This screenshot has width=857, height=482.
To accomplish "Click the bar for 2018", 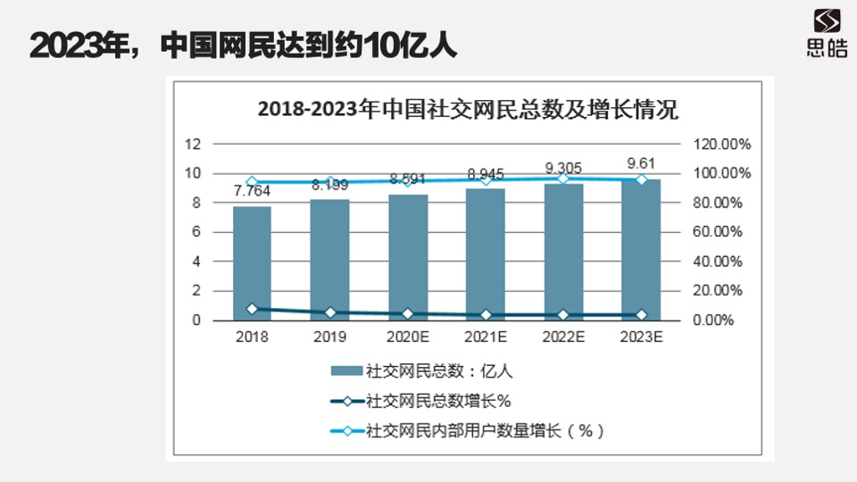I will tap(252, 263).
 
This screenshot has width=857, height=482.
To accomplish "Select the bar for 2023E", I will tap(641, 250).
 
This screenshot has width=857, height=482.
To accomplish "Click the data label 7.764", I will tap(252, 191).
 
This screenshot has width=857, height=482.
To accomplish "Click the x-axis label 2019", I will tap(329, 337).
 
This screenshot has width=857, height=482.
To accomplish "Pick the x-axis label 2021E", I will tap(486, 337).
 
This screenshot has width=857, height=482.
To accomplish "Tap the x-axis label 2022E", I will tap(563, 337).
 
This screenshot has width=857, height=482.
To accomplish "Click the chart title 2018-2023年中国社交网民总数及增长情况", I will tap(468, 110).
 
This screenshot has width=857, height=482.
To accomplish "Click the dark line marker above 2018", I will tap(252, 309).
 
